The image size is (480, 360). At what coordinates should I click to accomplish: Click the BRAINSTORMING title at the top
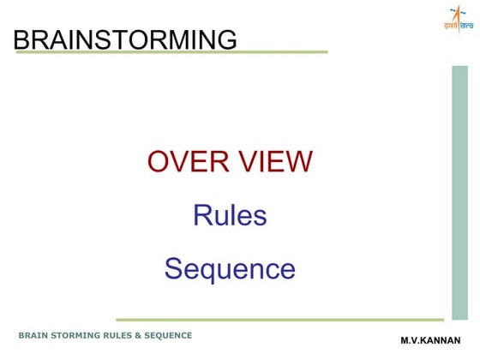click(x=125, y=39)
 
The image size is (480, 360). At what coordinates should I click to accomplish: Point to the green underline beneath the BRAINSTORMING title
click(x=171, y=52)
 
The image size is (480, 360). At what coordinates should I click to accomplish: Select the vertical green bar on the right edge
click(x=459, y=192)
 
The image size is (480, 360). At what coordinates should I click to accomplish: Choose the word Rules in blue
click(x=230, y=215)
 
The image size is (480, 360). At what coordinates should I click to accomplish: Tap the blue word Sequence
click(x=230, y=269)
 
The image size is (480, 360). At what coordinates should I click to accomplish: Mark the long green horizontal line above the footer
click(x=279, y=320)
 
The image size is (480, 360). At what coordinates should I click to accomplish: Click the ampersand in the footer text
click(x=151, y=335)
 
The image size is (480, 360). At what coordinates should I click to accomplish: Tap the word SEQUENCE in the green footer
click(x=175, y=335)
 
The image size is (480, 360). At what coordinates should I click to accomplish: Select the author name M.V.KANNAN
click(x=430, y=340)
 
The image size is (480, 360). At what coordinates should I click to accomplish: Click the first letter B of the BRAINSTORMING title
click(x=21, y=39)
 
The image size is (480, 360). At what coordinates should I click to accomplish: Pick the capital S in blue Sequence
click(x=173, y=269)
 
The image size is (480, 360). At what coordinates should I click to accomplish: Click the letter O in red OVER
click(x=159, y=161)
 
